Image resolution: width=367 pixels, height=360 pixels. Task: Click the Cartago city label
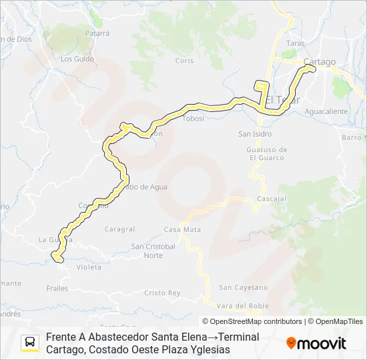319,62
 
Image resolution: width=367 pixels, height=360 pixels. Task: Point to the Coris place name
184,60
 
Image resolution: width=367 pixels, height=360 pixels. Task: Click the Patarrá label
97,32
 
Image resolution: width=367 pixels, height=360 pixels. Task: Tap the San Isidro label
254,133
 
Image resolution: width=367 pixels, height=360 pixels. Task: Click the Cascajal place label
272,199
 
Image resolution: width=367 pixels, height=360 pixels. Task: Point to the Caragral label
119,229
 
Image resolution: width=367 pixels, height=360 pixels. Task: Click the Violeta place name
89,267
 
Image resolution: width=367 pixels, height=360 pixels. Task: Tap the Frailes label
57,288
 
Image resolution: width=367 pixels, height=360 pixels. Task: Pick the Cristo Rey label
162,293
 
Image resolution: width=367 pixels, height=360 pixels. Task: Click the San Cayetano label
244,287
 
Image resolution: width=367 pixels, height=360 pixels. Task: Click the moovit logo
316,343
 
